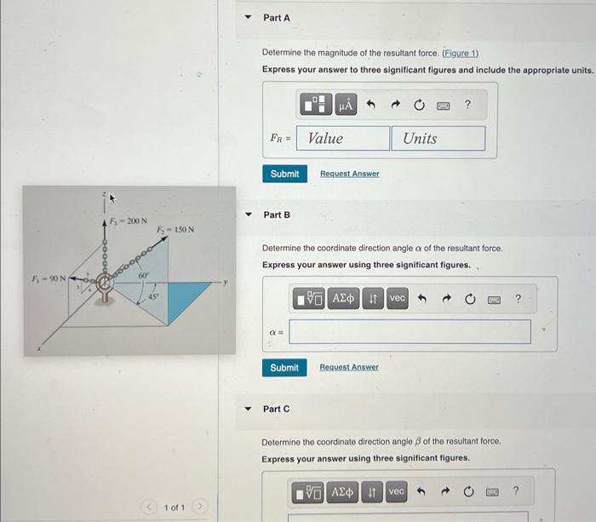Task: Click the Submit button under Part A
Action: coord(284,174)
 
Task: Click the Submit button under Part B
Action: coord(284,368)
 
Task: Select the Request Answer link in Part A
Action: coord(349,174)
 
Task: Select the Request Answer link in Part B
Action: coord(349,368)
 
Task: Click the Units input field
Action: coord(438,139)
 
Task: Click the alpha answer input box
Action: coord(409,332)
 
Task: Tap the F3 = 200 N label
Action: coord(129,221)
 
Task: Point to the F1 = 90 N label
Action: coord(49,278)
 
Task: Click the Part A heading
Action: coord(277,18)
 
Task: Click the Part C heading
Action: coord(277,409)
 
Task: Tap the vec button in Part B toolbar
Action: coord(398,298)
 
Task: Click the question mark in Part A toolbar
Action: coord(467,105)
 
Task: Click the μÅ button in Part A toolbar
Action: coord(345,106)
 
